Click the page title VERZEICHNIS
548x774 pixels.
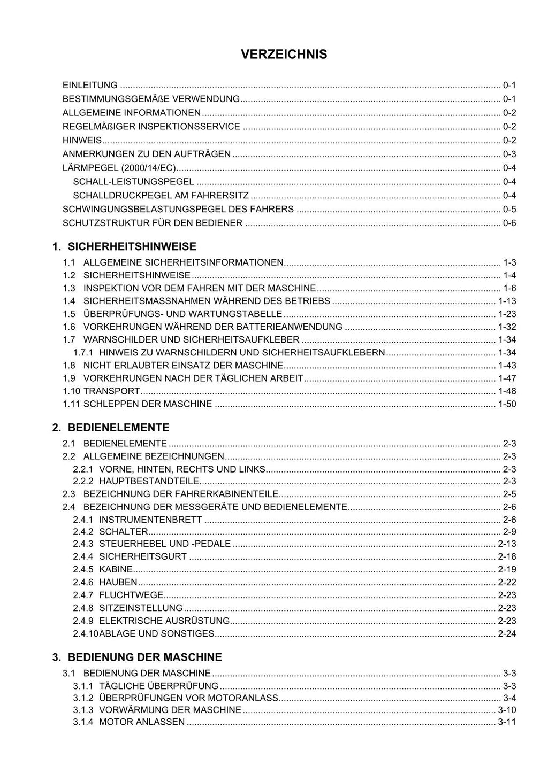pos(284,55)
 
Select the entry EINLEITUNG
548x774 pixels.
pos(90,85)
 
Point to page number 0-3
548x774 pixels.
pos(509,154)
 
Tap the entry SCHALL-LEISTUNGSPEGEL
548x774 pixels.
pos(133,182)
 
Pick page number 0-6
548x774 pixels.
pos(509,223)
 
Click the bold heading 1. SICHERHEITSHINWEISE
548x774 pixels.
pos(124,247)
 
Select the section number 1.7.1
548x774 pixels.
pos(83,353)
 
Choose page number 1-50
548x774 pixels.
pos(507,404)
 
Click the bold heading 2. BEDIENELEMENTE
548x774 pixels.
pos(111,428)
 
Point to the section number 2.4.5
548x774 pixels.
pos(83,570)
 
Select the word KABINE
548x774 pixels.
pos(116,570)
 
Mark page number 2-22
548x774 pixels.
pos(507,583)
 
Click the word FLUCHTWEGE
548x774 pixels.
pos(131,595)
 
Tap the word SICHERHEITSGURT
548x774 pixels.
pos(143,557)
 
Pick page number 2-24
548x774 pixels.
pos(507,634)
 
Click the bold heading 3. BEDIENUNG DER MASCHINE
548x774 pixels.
pos(137,657)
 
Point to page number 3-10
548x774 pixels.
pos(507,710)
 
